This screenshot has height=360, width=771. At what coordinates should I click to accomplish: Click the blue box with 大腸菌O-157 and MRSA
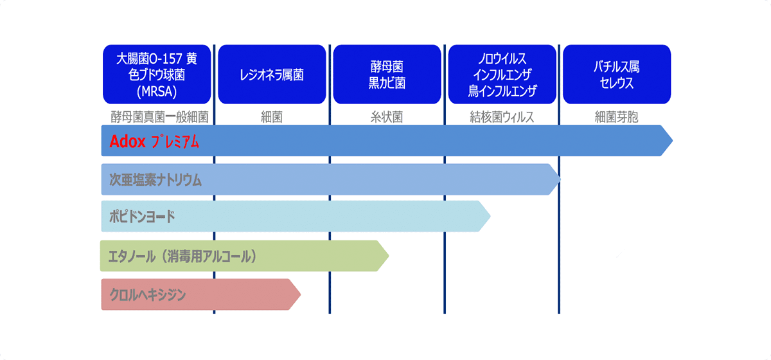coord(157,74)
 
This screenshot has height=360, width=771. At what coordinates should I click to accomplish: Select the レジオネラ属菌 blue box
coord(272,74)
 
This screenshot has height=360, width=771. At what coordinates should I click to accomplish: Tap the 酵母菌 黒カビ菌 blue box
coord(387,74)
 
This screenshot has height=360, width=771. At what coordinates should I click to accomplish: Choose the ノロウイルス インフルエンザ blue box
coord(502,74)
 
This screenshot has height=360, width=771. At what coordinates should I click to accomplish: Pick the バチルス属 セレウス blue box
coord(617,74)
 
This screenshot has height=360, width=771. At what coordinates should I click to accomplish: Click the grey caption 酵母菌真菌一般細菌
coord(160,117)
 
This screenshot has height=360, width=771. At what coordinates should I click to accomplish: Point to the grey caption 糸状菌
coord(387,117)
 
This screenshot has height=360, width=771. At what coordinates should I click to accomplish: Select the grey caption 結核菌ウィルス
coord(502,117)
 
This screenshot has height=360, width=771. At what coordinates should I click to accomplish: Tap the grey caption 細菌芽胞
coord(617,117)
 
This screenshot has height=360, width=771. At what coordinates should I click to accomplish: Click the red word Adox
coord(127,141)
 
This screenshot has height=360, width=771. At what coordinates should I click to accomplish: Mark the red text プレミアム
coord(175,141)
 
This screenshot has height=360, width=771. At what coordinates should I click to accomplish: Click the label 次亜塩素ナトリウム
coord(155,180)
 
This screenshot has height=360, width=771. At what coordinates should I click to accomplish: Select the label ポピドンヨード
coord(142,217)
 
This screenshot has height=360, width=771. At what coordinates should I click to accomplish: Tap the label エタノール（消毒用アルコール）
coord(182,256)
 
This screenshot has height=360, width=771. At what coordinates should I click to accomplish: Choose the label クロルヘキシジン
coord(148,294)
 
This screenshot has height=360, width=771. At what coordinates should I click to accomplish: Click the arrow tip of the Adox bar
coord(673,141)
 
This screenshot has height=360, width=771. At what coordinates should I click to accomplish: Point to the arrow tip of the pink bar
coord(301,294)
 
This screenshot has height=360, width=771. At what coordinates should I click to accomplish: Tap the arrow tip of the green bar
coord(389,256)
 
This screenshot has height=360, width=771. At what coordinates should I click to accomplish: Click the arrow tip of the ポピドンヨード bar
coord(490,217)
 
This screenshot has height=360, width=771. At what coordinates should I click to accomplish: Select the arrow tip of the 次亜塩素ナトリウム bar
coord(561,179)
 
